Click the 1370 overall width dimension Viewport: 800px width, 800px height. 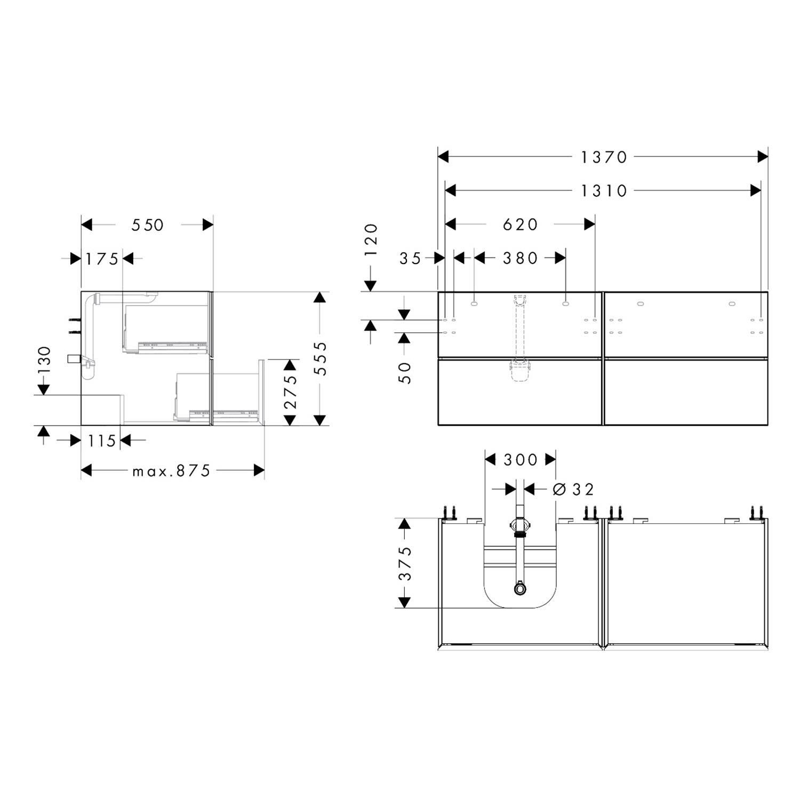point(604,157)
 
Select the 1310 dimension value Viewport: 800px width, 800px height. point(604,190)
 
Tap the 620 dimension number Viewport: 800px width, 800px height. point(521,225)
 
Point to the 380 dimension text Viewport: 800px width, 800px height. point(521,258)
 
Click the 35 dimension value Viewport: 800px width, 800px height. point(410,259)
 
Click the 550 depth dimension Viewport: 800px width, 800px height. point(148,225)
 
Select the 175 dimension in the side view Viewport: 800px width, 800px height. point(102,259)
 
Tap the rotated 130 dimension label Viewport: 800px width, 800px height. point(44,360)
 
